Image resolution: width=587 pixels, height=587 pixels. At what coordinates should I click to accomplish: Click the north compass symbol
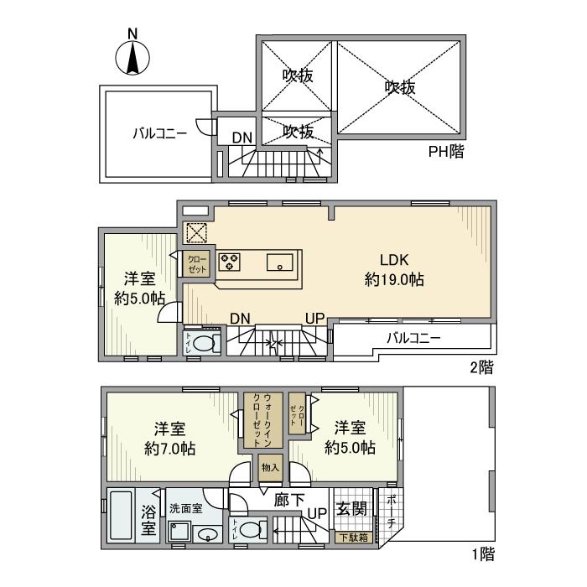[132, 55]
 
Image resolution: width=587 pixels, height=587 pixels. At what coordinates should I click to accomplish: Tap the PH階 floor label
[446, 152]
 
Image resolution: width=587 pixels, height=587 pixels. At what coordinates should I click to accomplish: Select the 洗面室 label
[185, 508]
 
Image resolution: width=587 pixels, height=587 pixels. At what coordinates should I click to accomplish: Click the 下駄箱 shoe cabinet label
[352, 538]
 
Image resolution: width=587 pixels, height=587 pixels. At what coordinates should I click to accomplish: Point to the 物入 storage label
[269, 468]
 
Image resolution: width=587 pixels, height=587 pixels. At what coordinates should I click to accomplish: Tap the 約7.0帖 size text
[170, 449]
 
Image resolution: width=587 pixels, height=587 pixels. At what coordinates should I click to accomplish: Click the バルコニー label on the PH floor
[158, 133]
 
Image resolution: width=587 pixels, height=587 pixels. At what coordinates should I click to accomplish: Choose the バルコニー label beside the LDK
[413, 339]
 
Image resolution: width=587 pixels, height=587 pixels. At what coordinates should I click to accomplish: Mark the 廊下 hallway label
[289, 500]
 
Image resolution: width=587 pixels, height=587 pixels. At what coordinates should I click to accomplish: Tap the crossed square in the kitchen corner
[196, 232]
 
